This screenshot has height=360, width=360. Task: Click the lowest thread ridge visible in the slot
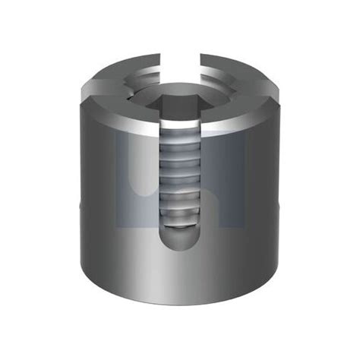(181, 221)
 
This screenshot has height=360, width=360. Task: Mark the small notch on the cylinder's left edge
(78, 206)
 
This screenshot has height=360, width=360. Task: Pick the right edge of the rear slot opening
(199, 59)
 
